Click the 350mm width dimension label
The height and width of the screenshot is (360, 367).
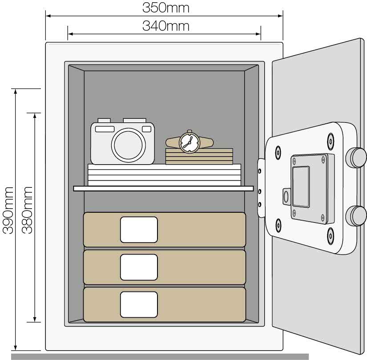point(166,8)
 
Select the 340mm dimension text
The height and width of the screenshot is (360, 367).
point(166,26)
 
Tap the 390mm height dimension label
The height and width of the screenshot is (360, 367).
point(8,210)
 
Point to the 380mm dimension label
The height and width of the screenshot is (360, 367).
point(27,210)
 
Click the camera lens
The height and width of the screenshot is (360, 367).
point(128,145)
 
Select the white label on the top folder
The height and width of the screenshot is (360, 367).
point(139,230)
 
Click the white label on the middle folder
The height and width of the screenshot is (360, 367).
point(139,267)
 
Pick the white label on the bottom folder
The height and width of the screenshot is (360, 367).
point(139,304)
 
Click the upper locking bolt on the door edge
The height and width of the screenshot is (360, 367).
point(356,158)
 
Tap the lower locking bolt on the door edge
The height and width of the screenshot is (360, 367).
point(356,216)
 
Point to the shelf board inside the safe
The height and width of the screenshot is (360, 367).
point(163,188)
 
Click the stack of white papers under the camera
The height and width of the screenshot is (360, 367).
point(164,175)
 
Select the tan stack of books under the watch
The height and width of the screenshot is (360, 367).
point(199,156)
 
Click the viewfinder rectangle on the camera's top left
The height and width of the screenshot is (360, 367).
point(105,129)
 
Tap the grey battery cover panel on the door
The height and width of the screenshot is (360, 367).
point(301,186)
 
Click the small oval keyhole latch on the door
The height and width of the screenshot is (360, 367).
point(286,197)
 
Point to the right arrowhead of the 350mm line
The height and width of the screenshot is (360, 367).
point(280,16)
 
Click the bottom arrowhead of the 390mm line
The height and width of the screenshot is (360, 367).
point(16,348)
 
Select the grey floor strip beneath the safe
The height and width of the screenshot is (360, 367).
point(160,357)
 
